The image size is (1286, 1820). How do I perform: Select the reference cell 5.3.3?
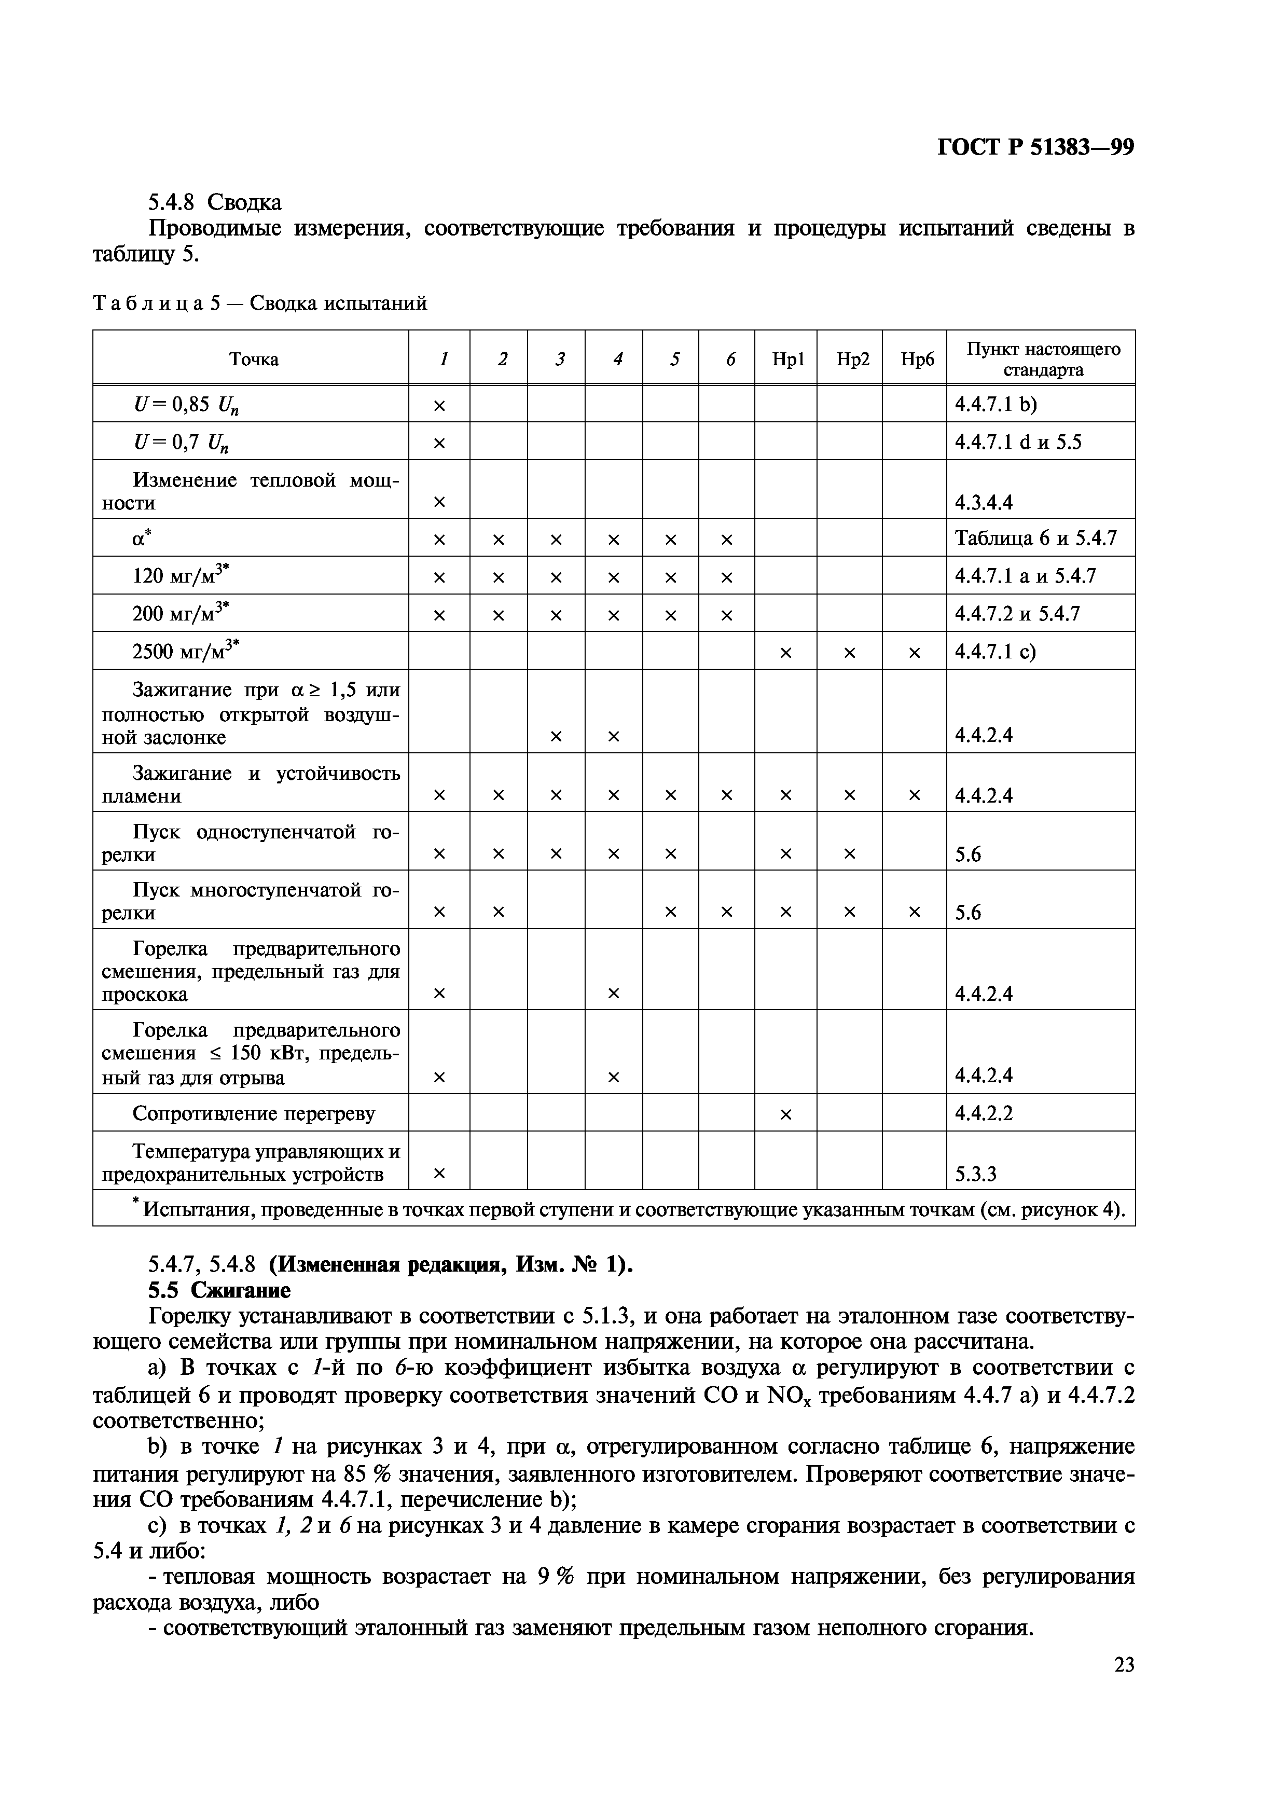pyautogui.click(x=975, y=1174)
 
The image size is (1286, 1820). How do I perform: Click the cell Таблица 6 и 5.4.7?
pyautogui.click(x=1035, y=539)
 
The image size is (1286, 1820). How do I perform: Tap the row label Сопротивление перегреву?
pyautogui.click(x=254, y=1114)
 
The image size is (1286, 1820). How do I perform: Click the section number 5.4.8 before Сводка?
pyautogui.click(x=172, y=203)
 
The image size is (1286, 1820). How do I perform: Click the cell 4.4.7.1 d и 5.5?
pyautogui.click(x=1017, y=442)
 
